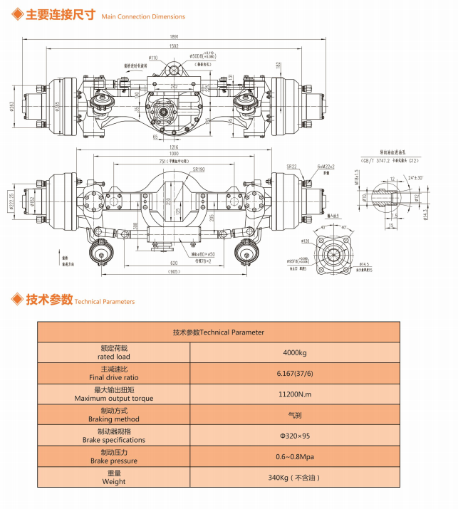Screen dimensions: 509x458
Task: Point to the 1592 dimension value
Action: (174, 46)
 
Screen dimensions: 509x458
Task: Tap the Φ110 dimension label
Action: (153, 57)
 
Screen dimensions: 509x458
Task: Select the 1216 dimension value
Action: (174, 147)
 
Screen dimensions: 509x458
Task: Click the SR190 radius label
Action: (197, 169)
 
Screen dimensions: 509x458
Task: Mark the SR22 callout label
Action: (291, 167)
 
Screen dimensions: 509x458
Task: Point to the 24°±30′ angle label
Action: (416, 178)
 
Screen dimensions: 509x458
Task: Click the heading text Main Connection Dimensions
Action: (142, 16)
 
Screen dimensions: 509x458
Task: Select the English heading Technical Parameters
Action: (104, 302)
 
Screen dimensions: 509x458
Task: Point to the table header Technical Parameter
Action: (218, 332)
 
